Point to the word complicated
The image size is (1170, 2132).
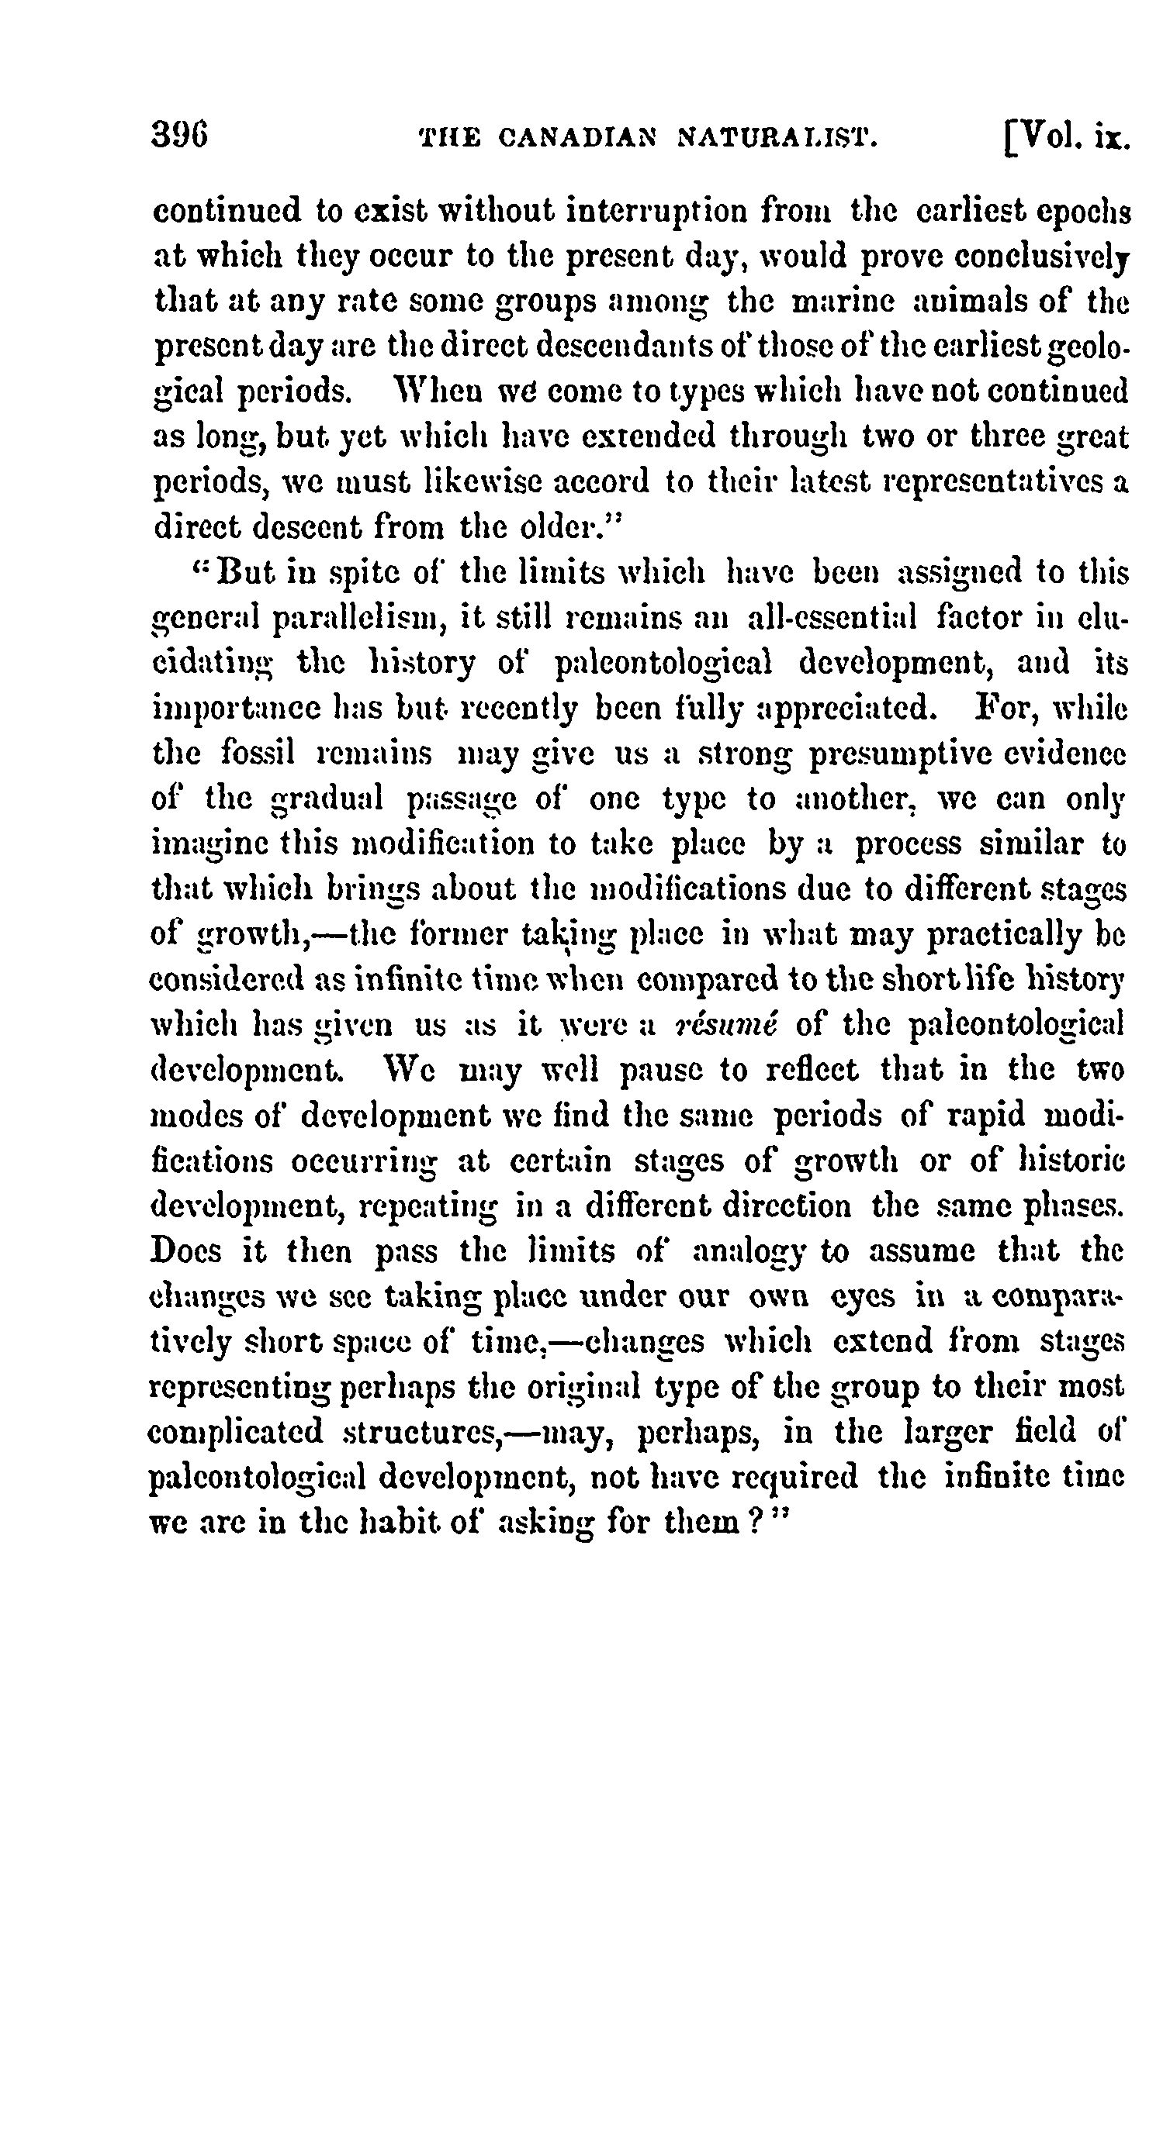pos(234,1431)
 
